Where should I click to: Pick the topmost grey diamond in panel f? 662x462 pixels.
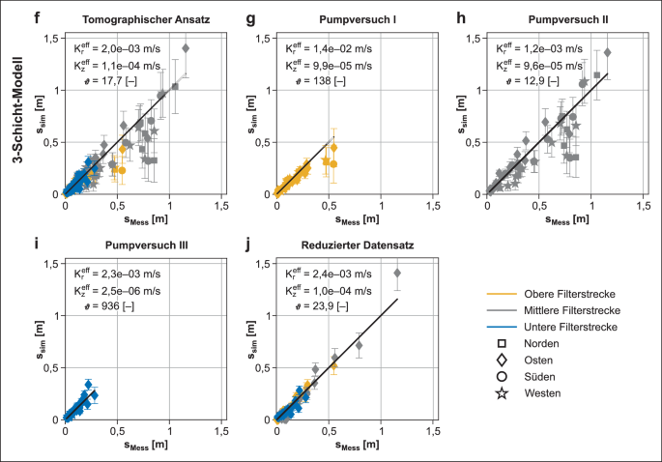186,48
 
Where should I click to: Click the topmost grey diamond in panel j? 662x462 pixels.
397,274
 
